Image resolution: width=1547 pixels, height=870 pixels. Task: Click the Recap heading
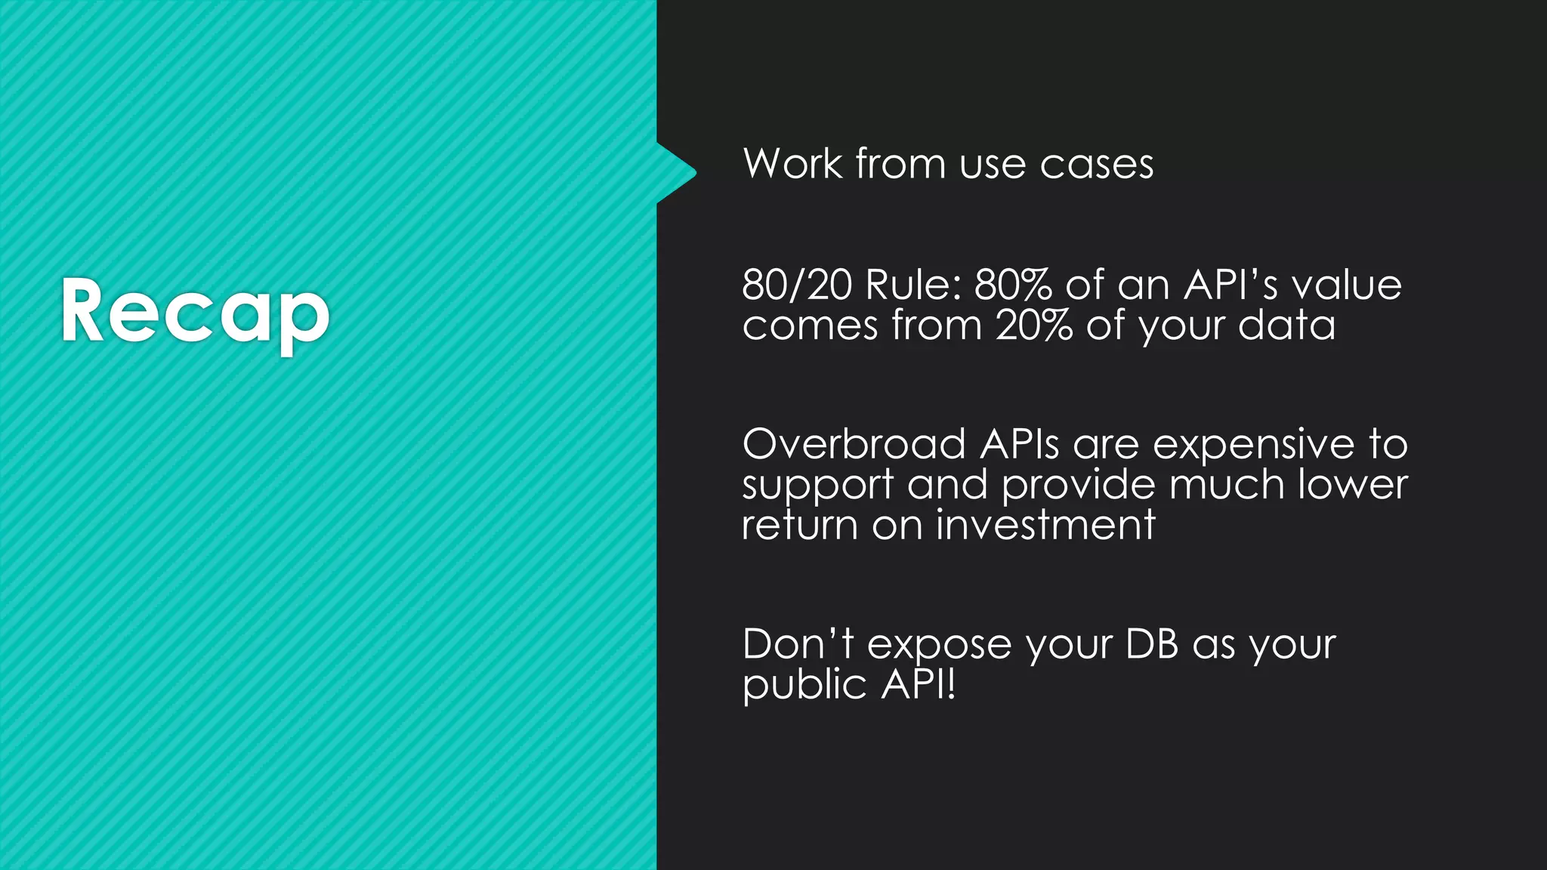tap(195, 312)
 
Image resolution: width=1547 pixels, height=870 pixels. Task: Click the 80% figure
tap(1012, 285)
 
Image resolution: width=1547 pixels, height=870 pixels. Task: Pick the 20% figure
tap(1033, 325)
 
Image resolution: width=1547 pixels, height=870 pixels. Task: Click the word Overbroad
tap(854, 443)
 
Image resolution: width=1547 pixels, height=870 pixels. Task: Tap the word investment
tap(1045, 525)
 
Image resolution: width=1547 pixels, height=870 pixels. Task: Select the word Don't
tap(798, 644)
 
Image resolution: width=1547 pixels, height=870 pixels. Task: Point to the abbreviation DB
tap(1151, 644)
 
